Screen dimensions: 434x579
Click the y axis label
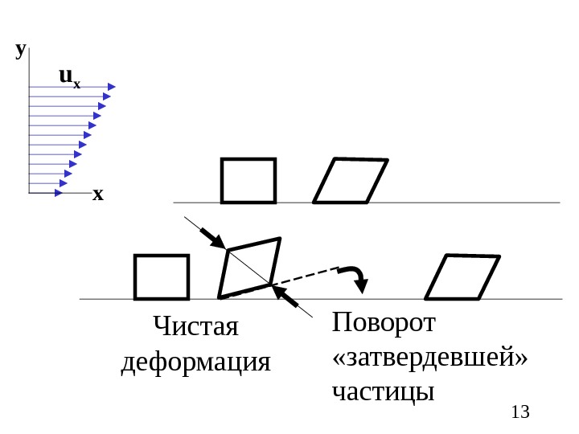click(20, 50)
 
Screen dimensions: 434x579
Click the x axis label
click(97, 194)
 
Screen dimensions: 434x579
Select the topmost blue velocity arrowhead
click(111, 87)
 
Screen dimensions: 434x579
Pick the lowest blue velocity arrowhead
click(59, 193)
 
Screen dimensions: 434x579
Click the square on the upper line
click(248, 180)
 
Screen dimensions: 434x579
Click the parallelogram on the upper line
click(350, 180)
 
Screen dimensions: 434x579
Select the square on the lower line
click(161, 276)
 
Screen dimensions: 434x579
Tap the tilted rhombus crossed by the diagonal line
click(250, 267)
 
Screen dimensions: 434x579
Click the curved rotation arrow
click(356, 276)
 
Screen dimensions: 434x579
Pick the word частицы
click(383, 392)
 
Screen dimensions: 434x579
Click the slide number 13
click(520, 412)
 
